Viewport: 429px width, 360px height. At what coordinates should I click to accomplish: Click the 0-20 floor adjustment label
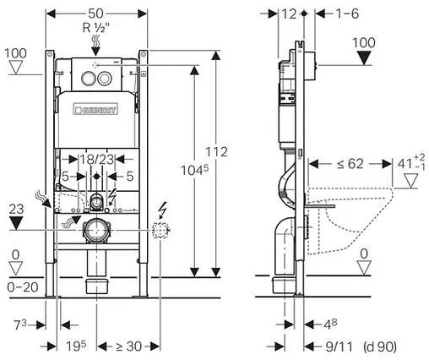point(17,287)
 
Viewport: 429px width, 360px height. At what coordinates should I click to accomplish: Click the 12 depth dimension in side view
point(291,14)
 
